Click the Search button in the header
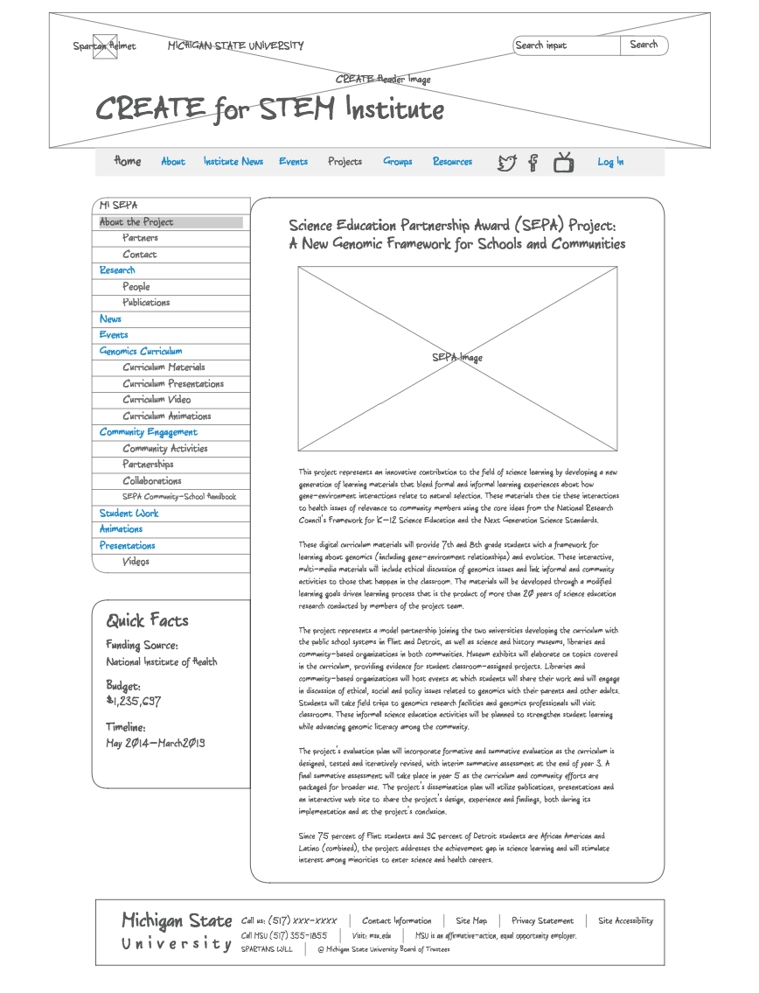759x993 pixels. point(644,45)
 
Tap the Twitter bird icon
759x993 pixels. point(507,162)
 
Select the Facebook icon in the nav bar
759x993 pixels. point(533,162)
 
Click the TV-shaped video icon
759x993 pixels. point(564,162)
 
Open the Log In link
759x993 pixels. point(610,162)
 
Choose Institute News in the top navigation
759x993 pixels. point(233,162)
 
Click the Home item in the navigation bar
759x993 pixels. point(128,161)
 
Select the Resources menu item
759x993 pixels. point(452,162)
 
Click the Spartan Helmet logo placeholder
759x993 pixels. point(105,46)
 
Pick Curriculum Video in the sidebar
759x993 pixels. point(157,400)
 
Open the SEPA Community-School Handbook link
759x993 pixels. point(178,497)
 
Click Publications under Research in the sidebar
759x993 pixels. point(146,303)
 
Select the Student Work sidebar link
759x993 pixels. point(129,514)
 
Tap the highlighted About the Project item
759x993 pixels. point(137,222)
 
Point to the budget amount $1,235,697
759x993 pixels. point(133,701)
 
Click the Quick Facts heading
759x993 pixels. point(147,620)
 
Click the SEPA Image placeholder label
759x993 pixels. point(457,358)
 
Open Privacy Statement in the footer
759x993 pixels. point(542,920)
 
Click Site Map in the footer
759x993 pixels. point(471,920)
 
